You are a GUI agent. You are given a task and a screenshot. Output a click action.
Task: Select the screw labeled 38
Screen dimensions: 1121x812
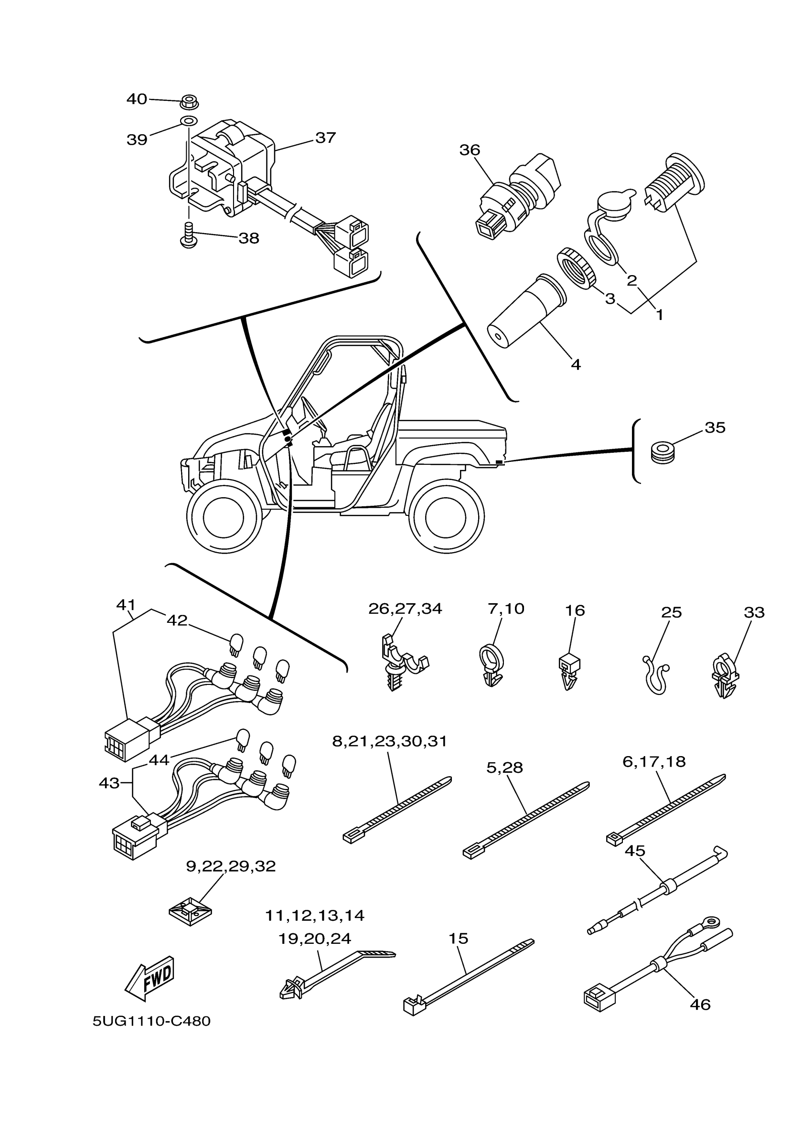pyautogui.click(x=188, y=235)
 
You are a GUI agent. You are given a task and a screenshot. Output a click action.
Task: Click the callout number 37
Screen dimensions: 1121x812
pyautogui.click(x=325, y=138)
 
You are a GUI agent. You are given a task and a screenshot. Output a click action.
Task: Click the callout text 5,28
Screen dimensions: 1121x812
pyautogui.click(x=504, y=767)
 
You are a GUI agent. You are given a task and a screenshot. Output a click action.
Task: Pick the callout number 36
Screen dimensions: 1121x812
pyautogui.click(x=470, y=150)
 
